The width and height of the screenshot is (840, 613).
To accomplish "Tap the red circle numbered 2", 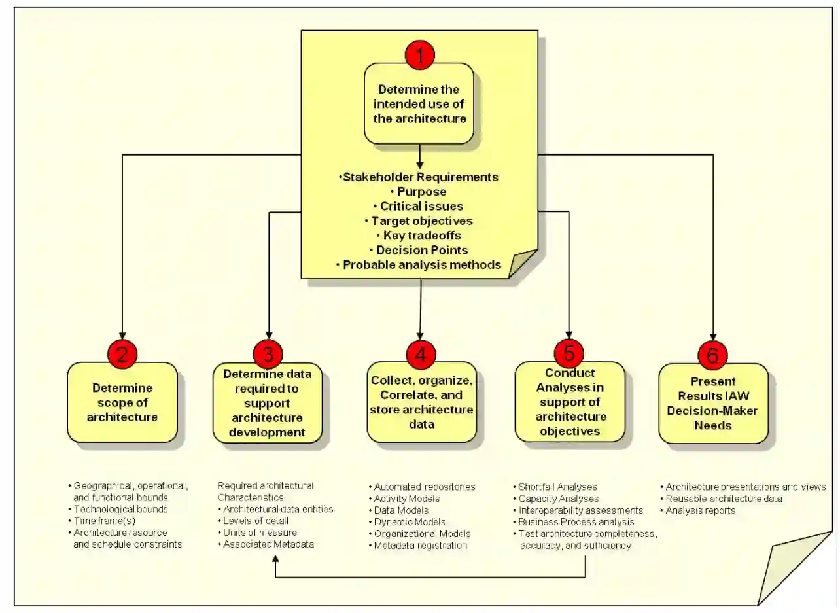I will (122, 354).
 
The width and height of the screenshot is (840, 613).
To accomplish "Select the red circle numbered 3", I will (268, 354).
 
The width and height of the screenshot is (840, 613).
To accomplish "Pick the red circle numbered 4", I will (420, 354).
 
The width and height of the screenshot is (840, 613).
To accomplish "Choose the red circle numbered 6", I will (713, 355).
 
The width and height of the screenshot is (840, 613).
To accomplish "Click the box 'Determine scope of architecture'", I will (122, 402).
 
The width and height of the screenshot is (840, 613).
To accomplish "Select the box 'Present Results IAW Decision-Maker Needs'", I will (712, 404).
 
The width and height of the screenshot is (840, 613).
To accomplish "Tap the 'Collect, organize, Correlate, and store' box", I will (421, 402).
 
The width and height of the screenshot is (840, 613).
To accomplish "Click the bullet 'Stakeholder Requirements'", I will (419, 177).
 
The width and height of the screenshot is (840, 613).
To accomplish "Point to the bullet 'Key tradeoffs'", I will (419, 236).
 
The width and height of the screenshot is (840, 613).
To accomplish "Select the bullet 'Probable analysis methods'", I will (419, 265).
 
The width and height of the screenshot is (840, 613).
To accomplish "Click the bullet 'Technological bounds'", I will (121, 509).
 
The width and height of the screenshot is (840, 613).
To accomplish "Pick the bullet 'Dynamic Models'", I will (410, 522).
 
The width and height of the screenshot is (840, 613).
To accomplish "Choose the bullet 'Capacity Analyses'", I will (558, 499).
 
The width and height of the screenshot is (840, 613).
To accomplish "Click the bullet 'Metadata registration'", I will (421, 546).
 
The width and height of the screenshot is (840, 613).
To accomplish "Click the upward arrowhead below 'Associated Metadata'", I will (275, 561).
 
